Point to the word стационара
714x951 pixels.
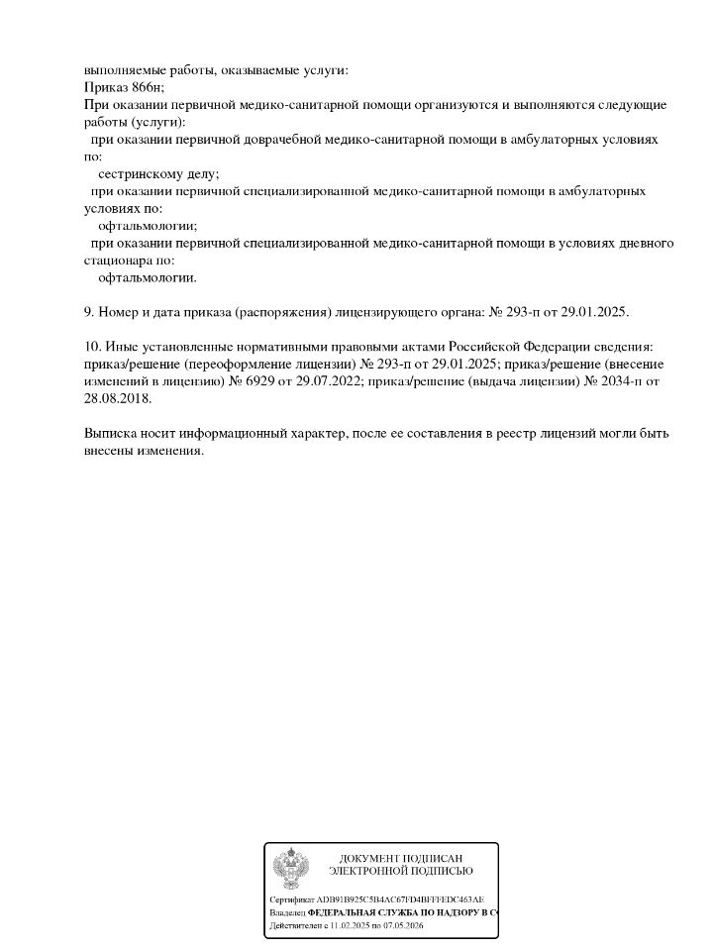coord(119,261)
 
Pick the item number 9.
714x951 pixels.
coord(89,312)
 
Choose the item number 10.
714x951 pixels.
coord(92,347)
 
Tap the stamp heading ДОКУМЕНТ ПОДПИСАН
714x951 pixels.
coord(400,858)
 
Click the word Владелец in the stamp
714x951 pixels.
coord(286,912)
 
